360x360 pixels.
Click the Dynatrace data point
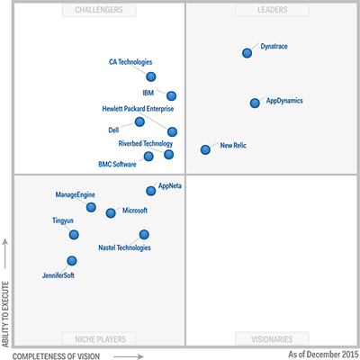247,53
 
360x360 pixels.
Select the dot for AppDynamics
256,103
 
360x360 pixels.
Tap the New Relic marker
206,149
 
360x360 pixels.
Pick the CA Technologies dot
151,76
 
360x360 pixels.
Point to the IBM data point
171,95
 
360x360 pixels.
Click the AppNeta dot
151,191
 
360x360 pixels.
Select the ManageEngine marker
91,207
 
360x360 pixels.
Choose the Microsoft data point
111,213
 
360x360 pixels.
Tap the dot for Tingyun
74,235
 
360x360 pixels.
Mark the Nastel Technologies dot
144,235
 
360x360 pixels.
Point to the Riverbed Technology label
146,143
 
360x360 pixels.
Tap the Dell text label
113,130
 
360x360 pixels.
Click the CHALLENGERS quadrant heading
99,11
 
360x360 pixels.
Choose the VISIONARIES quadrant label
265,339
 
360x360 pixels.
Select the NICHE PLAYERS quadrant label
99,339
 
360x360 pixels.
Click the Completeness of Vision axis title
62,355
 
